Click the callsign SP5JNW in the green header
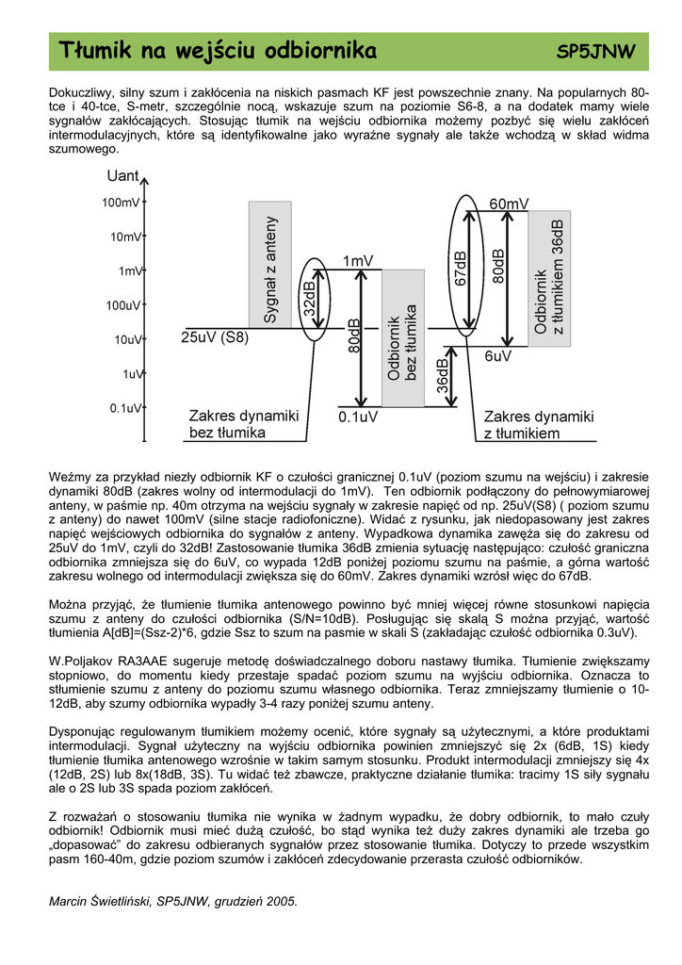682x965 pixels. tap(596, 51)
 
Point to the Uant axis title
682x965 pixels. tap(122, 177)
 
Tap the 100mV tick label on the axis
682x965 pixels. tap(121, 203)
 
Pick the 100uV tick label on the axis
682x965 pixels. tap(122, 305)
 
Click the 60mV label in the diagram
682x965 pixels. tap(509, 204)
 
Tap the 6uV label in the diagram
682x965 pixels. tap(497, 356)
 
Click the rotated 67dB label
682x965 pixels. tap(461, 269)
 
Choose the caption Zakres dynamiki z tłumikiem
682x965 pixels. tap(539, 424)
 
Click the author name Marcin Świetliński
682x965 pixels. tap(101, 902)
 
